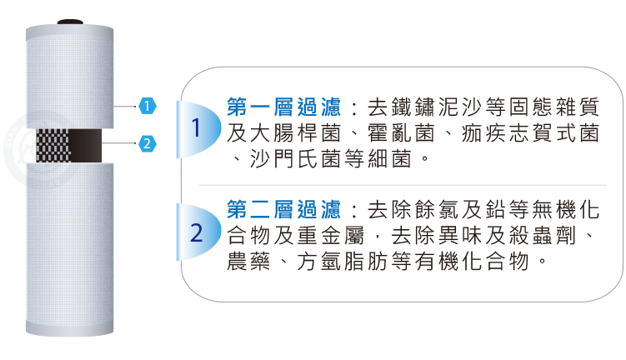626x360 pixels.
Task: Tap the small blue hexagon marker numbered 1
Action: (147, 106)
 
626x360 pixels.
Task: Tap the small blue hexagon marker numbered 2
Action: (147, 143)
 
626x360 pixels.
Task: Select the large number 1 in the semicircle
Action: (197, 129)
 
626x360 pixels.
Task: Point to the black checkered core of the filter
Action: (67, 145)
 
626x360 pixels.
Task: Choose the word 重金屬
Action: (334, 232)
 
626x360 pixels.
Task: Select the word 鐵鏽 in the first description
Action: (404, 108)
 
